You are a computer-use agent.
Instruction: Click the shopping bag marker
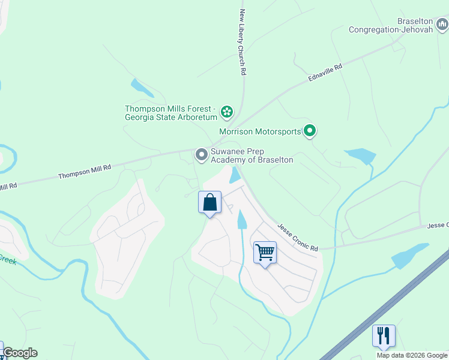(209, 202)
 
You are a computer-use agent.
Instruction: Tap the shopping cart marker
(264, 252)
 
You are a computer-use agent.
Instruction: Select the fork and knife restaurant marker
(384, 335)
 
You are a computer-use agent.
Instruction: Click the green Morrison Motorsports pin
(310, 130)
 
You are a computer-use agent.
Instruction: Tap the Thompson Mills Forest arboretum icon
(226, 112)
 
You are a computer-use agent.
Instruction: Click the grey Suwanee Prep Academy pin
(201, 155)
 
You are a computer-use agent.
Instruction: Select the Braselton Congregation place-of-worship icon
(441, 25)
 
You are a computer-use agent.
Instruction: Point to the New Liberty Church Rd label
(243, 42)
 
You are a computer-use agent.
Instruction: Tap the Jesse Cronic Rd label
(297, 238)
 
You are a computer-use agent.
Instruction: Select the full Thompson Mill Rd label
(85, 172)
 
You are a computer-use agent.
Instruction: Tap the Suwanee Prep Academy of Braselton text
(252, 156)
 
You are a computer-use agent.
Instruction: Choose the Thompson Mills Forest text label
(170, 113)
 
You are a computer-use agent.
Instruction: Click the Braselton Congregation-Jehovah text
(391, 25)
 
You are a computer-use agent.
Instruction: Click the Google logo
(20, 353)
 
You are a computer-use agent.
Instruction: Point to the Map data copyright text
(412, 355)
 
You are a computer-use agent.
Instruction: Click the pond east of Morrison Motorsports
(360, 156)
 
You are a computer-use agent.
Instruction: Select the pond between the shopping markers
(241, 220)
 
